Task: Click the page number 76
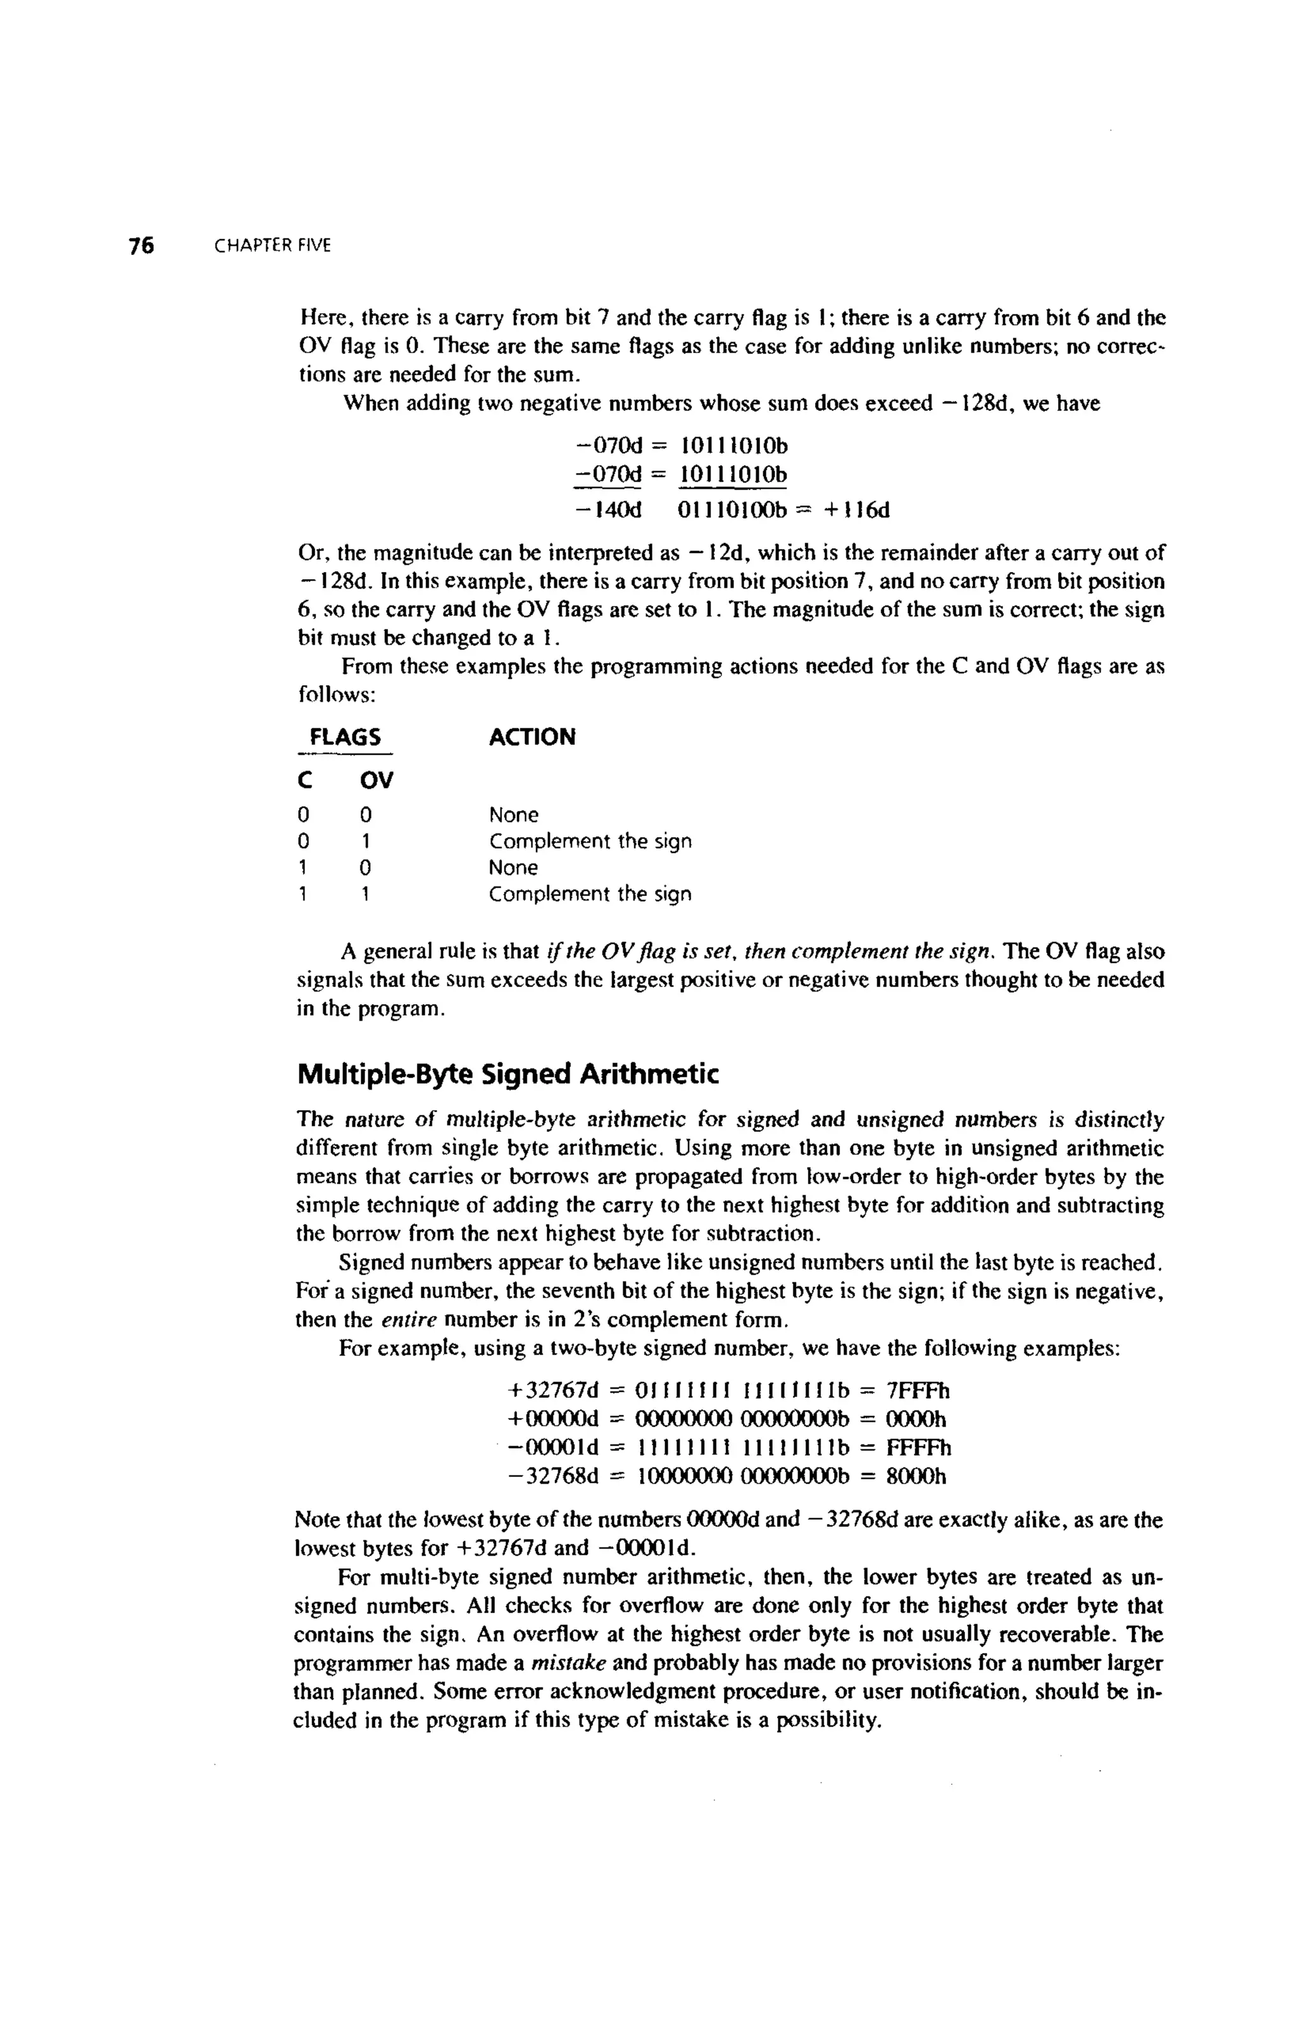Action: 140,246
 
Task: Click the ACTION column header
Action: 532,737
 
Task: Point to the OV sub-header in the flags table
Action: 377,780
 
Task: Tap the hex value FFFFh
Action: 918,1448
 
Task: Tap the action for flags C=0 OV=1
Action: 590,842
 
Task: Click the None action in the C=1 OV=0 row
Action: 513,867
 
